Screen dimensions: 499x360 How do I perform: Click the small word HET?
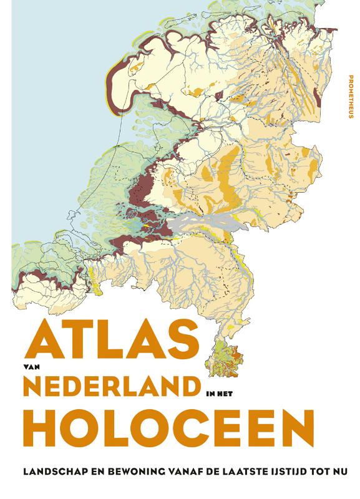(226, 394)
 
